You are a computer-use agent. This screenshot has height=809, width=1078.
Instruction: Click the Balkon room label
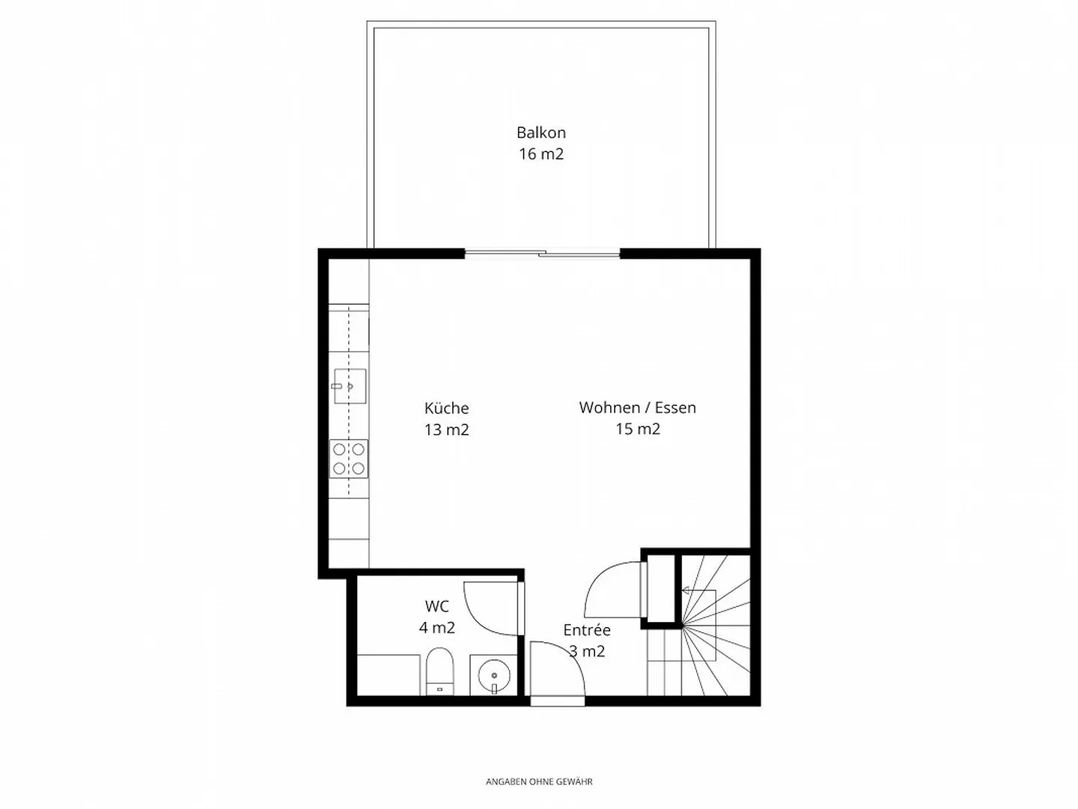[541, 132]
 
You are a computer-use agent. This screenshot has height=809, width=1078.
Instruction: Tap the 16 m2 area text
[541, 154]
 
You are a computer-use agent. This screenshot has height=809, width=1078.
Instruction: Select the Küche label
[446, 408]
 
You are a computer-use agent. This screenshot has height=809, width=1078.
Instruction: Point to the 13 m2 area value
[446, 430]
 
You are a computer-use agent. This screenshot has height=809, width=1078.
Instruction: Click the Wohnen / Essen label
[638, 407]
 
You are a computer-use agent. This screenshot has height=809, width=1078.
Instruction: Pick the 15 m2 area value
[638, 429]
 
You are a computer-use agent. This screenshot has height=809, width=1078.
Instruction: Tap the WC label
[437, 606]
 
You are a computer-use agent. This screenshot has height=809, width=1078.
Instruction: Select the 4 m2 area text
[437, 627]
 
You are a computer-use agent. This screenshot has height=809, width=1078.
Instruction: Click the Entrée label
[587, 630]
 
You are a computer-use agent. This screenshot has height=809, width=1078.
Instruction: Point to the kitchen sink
[350, 386]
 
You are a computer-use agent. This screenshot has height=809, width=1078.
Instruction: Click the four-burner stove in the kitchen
[349, 459]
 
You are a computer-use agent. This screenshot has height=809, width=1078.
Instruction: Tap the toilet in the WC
[439, 671]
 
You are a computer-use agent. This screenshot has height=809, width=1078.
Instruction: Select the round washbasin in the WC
[494, 676]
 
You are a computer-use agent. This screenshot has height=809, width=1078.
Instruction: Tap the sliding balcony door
[542, 254]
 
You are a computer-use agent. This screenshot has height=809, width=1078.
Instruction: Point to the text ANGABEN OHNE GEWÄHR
[539, 781]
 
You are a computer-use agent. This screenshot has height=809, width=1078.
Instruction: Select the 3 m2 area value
[587, 651]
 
